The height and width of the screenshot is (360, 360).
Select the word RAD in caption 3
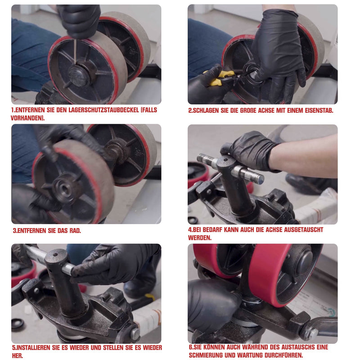tap(75, 230)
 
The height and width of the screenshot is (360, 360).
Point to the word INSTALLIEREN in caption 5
tap(34, 347)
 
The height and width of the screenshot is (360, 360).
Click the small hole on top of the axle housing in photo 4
tap(225, 160)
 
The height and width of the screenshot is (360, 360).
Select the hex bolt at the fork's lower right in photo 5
tap(135, 333)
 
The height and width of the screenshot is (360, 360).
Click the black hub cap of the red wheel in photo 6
tap(305, 262)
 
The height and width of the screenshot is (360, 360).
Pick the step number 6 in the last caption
tap(190, 347)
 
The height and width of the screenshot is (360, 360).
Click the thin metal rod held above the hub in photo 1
tap(75, 51)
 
